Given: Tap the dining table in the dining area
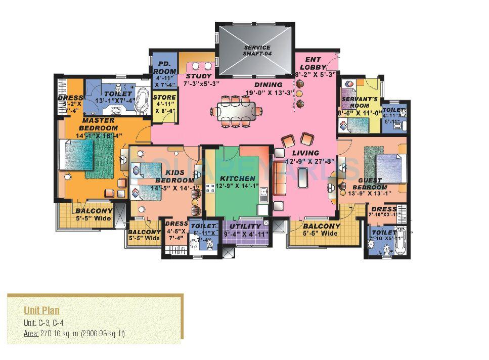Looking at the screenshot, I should coord(237,110).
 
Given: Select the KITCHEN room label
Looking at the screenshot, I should coord(237,178).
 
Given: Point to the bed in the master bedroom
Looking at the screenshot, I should coord(78,155).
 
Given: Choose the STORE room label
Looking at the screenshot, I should coord(164,98).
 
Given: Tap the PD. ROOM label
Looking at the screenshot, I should coord(164,68).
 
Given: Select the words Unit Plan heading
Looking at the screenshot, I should coord(41,310).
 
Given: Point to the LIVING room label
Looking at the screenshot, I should coord(305,153).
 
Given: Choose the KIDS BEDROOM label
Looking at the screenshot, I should coord(174,176).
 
